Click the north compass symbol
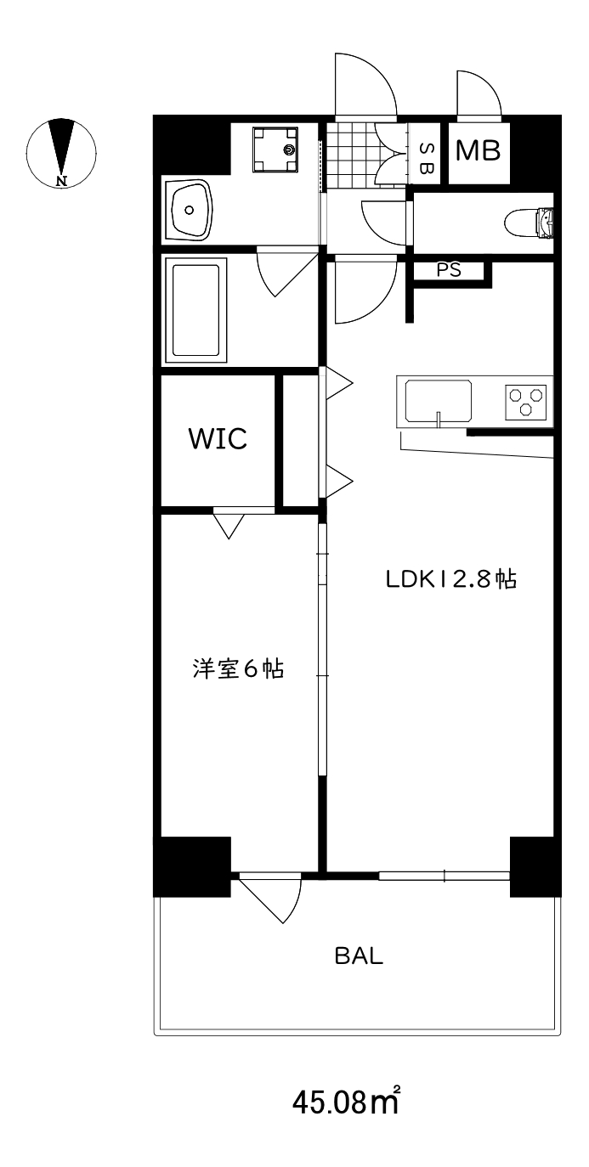pos(61,153)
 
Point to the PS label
pos(449,270)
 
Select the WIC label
pos(218,439)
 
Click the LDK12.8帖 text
pos(451,580)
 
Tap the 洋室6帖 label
pos(237,669)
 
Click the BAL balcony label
pos(359,956)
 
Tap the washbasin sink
pos(193,209)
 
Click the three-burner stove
pos(527,400)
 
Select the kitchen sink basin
pos(439,400)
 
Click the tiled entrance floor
pos(350,155)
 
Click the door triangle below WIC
pos(227,524)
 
